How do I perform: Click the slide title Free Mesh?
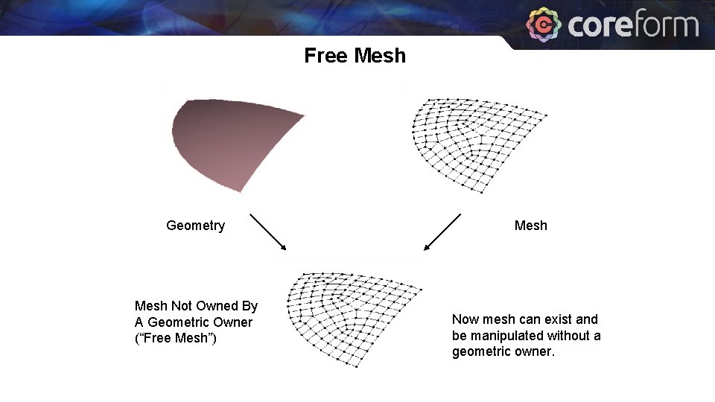(x=355, y=56)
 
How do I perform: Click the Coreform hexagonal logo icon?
(x=544, y=25)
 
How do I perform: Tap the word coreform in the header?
(x=633, y=25)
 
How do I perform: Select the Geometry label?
(x=195, y=226)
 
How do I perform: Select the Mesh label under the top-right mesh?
(x=530, y=226)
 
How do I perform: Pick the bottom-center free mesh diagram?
(x=350, y=316)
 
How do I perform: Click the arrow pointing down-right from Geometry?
(x=268, y=232)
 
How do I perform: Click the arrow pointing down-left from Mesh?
(x=442, y=232)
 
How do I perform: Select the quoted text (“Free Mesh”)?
(x=176, y=339)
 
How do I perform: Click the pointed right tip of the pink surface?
(x=303, y=115)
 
